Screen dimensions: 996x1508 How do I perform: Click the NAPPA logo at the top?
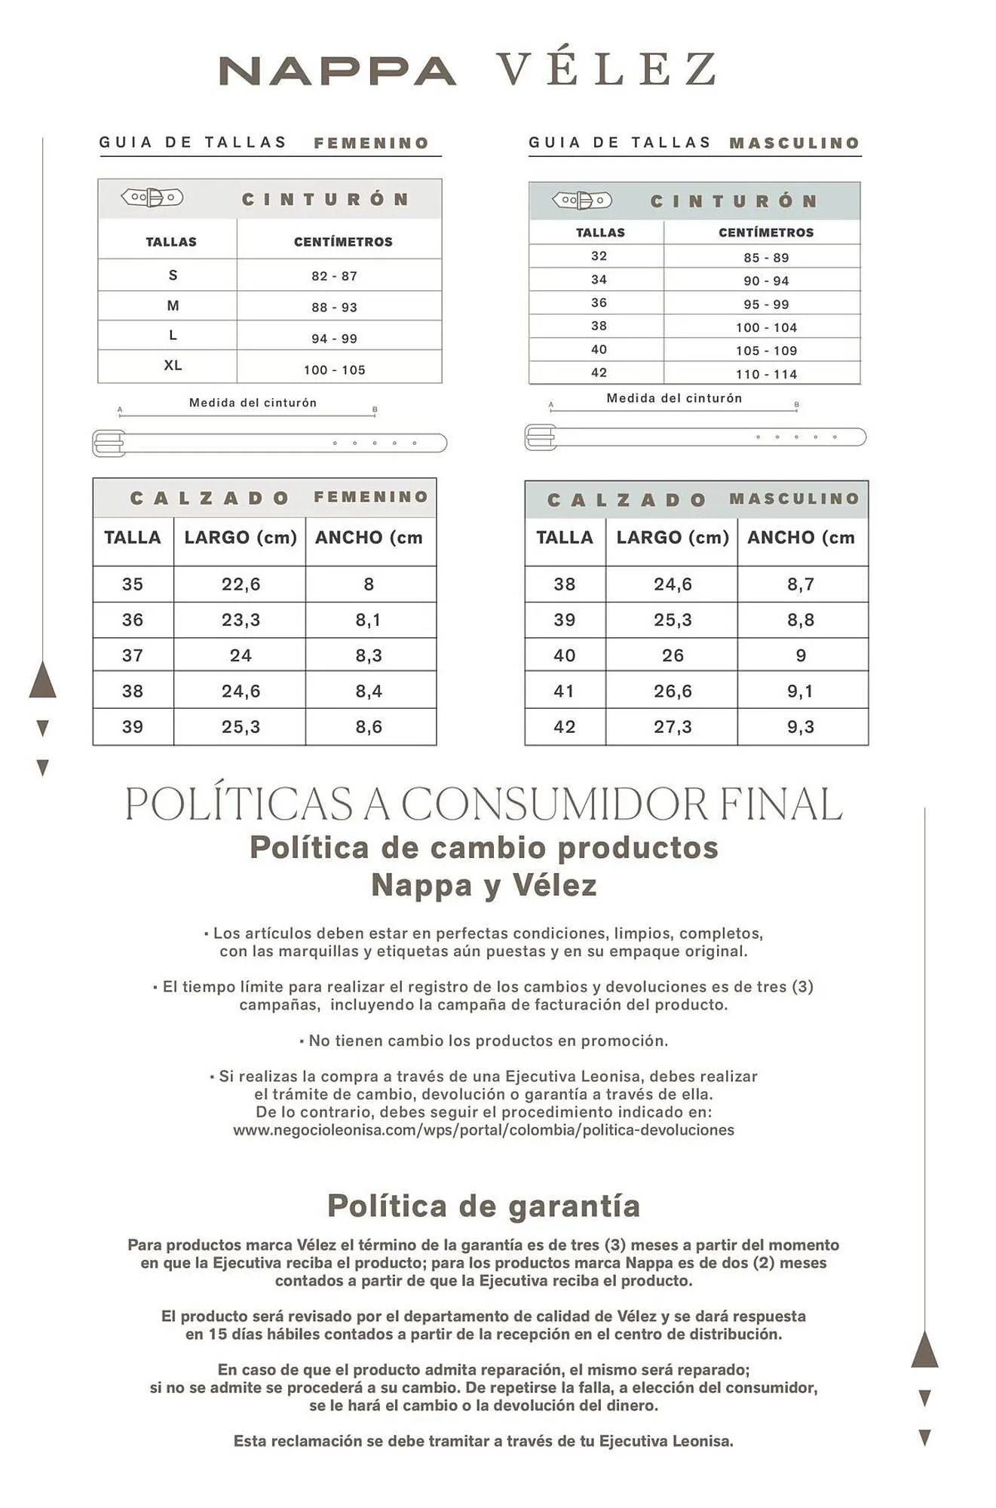click(x=337, y=71)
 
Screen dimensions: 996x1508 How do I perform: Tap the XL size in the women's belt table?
click(x=173, y=366)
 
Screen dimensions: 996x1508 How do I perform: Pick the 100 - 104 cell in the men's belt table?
click(x=766, y=327)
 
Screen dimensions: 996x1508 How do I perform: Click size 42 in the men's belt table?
click(x=599, y=372)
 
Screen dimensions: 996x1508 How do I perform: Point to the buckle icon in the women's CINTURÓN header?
click(x=152, y=198)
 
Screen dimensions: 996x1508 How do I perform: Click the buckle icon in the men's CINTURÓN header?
click(x=581, y=201)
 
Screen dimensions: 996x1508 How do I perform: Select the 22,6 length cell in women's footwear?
click(x=241, y=584)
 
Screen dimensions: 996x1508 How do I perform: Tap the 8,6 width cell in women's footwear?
click(x=369, y=727)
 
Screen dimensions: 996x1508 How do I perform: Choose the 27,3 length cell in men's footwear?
click(x=673, y=727)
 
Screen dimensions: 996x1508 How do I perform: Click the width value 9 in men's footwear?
click(x=801, y=656)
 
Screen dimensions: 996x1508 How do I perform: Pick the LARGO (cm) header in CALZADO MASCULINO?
click(x=673, y=538)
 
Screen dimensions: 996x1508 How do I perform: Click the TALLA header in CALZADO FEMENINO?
click(x=133, y=538)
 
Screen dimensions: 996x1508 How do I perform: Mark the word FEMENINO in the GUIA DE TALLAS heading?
click(x=371, y=143)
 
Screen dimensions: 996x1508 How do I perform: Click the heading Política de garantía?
click(x=483, y=1206)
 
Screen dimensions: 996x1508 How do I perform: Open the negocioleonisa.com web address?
click(x=483, y=1129)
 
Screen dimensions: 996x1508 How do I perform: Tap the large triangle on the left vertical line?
click(x=42, y=679)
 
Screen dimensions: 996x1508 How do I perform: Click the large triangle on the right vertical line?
click(x=924, y=1349)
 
